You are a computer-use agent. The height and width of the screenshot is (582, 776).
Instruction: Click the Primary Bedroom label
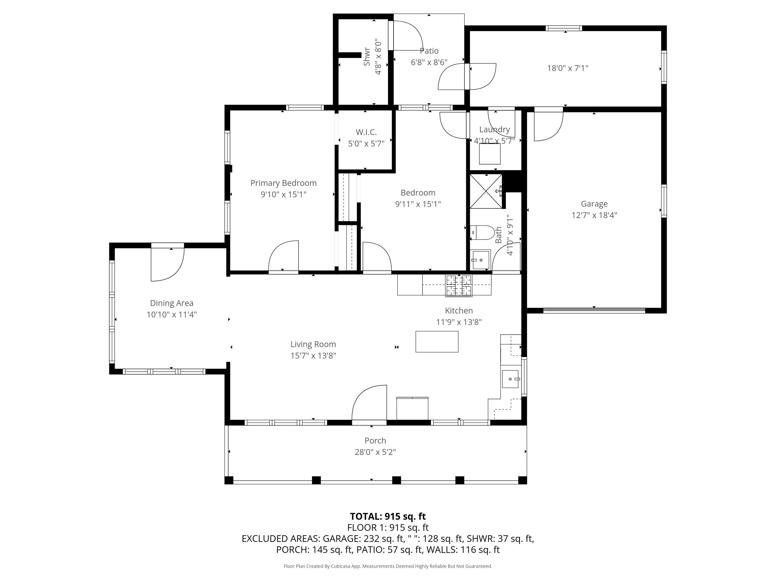pos(283,183)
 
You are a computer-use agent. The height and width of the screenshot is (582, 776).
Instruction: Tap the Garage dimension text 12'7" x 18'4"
pos(594,215)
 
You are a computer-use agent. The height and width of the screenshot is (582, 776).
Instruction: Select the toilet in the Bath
pos(482,232)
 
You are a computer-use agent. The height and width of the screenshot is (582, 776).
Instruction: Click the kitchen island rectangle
pos(437,341)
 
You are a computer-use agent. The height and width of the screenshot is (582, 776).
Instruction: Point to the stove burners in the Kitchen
pos(459,285)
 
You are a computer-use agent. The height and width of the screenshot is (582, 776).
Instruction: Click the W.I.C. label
pos(366,132)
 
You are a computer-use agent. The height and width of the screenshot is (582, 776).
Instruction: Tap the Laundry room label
pos(494,129)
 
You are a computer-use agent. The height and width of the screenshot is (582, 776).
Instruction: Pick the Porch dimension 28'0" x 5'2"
pos(375,452)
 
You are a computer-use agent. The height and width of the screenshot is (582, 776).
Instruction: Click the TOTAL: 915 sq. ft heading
pos(388,516)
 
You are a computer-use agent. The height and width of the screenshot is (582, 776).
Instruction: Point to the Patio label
pos(429,51)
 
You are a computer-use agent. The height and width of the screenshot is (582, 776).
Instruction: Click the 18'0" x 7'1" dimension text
pos(568,68)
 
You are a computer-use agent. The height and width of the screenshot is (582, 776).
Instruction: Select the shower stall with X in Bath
pos(486,191)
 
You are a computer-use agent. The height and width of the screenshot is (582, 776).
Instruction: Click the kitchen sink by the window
pos(510,379)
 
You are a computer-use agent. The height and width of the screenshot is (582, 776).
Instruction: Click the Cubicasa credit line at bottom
pos(388,566)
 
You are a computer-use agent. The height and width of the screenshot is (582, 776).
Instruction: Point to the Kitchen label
pos(459,310)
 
